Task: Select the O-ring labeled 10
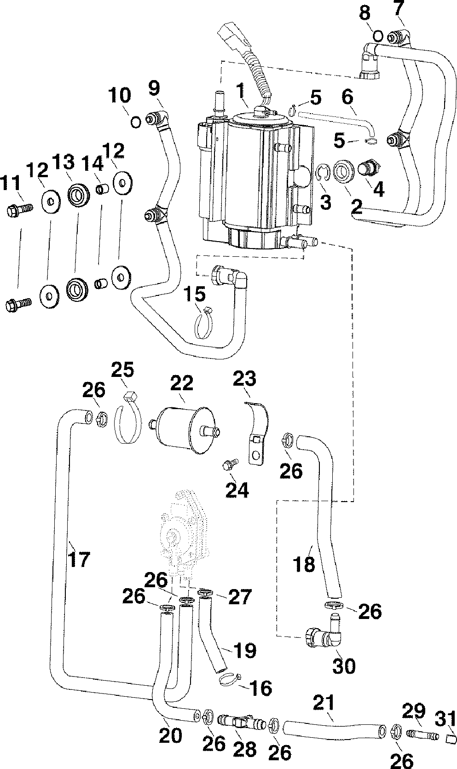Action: click(x=136, y=121)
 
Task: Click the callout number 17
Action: click(x=79, y=560)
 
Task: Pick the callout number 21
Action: click(x=324, y=702)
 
